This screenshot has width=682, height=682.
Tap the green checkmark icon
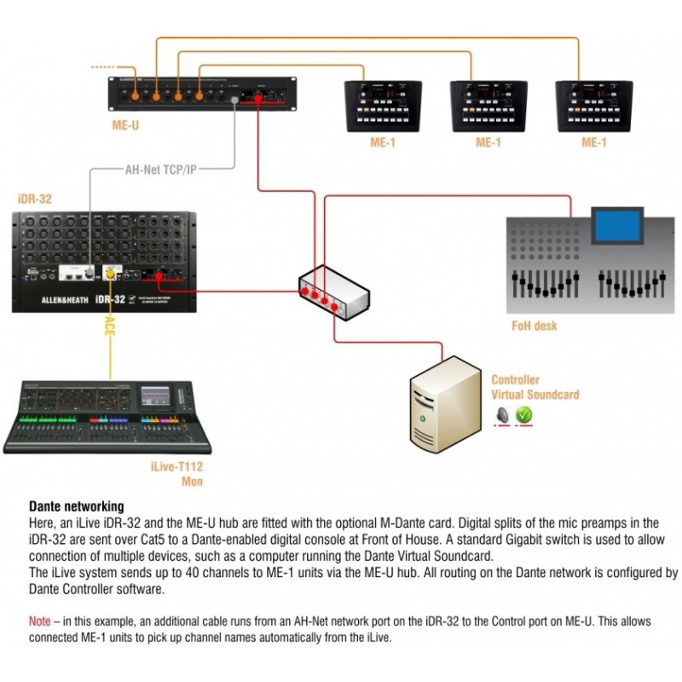523,414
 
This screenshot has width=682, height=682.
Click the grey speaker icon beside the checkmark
503,414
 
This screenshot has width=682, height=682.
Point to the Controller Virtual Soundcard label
535,387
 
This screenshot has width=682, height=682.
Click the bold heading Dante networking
77,506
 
